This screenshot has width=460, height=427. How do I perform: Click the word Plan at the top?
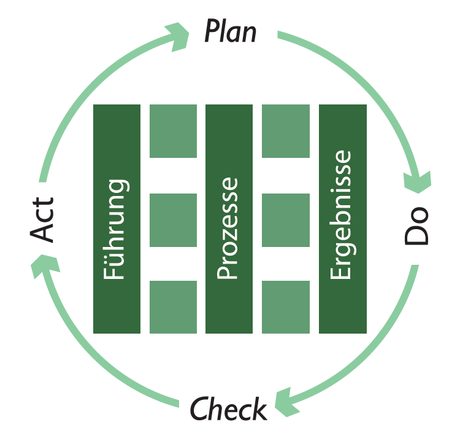point(230,31)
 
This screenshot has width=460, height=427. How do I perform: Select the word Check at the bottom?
point(228,408)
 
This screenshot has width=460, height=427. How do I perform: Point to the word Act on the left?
point(44,219)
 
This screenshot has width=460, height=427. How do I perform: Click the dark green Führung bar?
point(117,219)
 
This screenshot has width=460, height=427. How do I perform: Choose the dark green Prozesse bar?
point(229,219)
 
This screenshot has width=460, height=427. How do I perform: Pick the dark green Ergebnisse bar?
point(343,219)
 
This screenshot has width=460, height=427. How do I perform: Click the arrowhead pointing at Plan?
point(178,36)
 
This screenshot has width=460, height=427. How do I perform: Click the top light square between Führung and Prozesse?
point(174,131)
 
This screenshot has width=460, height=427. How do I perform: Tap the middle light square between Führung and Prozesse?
point(174,220)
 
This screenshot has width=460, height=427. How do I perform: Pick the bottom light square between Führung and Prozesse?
point(174,307)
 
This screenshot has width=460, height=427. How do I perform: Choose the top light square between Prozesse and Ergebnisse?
point(286,131)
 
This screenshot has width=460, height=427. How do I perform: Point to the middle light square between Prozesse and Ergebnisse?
point(286,220)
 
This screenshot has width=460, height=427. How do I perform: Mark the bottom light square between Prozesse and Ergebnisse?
point(286,307)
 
